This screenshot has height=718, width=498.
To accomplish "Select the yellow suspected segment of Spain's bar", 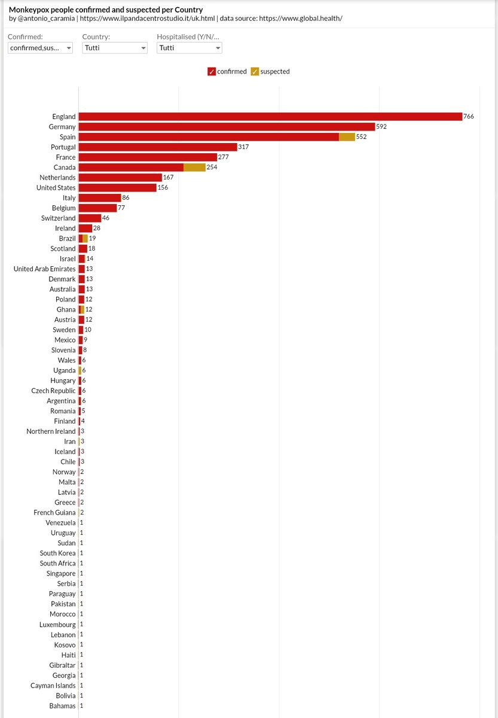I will click(347, 137).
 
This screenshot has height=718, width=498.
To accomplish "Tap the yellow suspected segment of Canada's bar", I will click(194, 168).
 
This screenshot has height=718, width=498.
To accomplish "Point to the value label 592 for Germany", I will click(381, 127).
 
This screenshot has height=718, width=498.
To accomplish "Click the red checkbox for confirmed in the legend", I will click(212, 72).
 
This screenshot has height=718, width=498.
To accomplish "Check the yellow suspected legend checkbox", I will click(255, 72).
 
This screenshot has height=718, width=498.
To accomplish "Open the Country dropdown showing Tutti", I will click(115, 48).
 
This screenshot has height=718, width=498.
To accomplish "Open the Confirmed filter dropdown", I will click(40, 48).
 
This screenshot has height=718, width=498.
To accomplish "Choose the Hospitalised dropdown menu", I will click(189, 48).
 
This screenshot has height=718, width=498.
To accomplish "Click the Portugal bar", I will click(158, 147).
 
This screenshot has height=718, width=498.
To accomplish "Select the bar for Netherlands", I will click(120, 178).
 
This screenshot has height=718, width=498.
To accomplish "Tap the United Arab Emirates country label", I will click(45, 269).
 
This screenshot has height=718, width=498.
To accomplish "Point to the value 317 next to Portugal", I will click(243, 147).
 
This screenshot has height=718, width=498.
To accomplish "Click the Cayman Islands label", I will click(53, 686).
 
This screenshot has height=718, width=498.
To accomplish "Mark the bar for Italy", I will click(99, 198).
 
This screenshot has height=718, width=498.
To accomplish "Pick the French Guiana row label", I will click(54, 513).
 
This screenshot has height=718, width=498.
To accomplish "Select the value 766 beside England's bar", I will click(469, 117).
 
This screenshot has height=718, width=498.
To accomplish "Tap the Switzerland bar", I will click(90, 218).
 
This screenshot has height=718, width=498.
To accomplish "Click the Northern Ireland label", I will click(51, 431).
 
